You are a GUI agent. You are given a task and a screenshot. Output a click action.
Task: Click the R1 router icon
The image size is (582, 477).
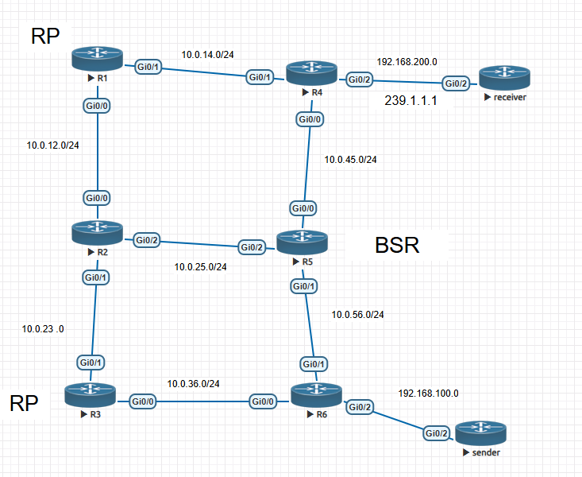pyautogui.click(x=97, y=58)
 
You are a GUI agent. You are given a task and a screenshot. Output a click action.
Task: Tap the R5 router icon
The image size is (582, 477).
pyautogui.click(x=302, y=242)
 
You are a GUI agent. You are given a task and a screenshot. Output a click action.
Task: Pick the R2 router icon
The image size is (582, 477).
pyautogui.click(x=97, y=233)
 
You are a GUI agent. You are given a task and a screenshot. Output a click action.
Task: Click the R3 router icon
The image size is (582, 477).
pyautogui.click(x=89, y=394)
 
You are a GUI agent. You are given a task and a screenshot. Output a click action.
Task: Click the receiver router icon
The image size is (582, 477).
pyautogui.click(x=504, y=79)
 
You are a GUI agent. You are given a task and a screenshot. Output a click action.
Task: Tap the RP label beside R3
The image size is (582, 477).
pyautogui.click(x=25, y=404)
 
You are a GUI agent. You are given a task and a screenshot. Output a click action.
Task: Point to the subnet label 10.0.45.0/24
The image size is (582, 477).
pyautogui.click(x=350, y=159)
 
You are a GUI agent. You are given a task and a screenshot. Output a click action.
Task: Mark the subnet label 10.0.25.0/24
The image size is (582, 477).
pyautogui.click(x=200, y=266)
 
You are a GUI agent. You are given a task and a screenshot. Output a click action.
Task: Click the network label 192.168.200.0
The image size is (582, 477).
pyautogui.click(x=406, y=60)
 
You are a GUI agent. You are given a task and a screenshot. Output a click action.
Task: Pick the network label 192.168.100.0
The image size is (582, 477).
pyautogui.click(x=429, y=393)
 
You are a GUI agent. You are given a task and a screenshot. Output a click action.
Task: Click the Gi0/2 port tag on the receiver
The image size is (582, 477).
pyautogui.click(x=456, y=83)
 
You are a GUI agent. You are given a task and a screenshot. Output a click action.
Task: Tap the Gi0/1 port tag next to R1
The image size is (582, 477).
pyautogui.click(x=148, y=68)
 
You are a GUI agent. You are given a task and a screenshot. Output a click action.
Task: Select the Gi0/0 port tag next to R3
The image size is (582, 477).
pyautogui.click(x=144, y=401)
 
